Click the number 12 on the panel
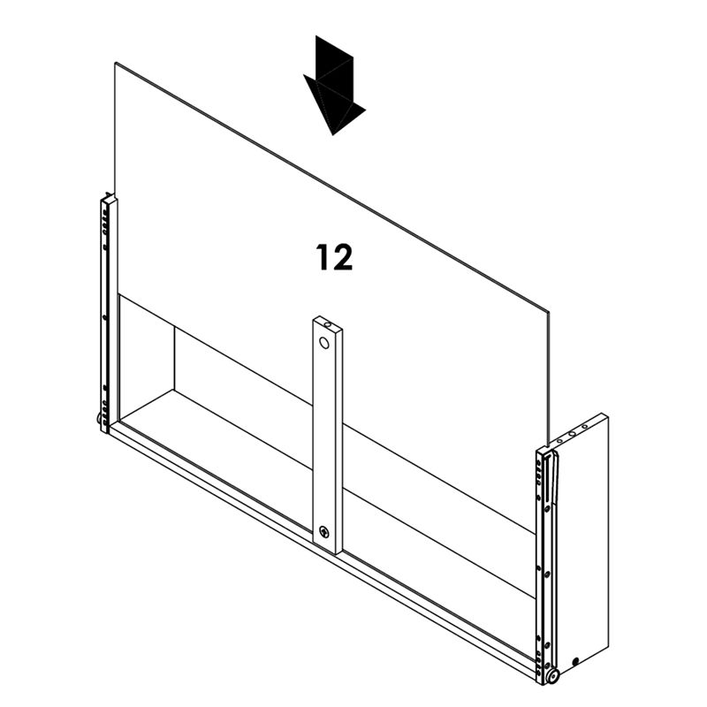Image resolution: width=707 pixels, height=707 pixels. (335, 257)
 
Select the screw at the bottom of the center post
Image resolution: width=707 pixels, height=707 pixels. (325, 532)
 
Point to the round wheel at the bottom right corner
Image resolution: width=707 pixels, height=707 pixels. (553, 676)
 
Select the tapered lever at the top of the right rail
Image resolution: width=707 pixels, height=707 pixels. (553, 477)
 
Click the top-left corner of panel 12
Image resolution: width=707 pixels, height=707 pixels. (115, 64)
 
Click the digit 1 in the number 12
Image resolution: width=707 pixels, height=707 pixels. (323, 257)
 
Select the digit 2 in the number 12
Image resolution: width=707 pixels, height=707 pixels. (343, 257)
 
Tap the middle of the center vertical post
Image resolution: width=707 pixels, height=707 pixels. (326, 433)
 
